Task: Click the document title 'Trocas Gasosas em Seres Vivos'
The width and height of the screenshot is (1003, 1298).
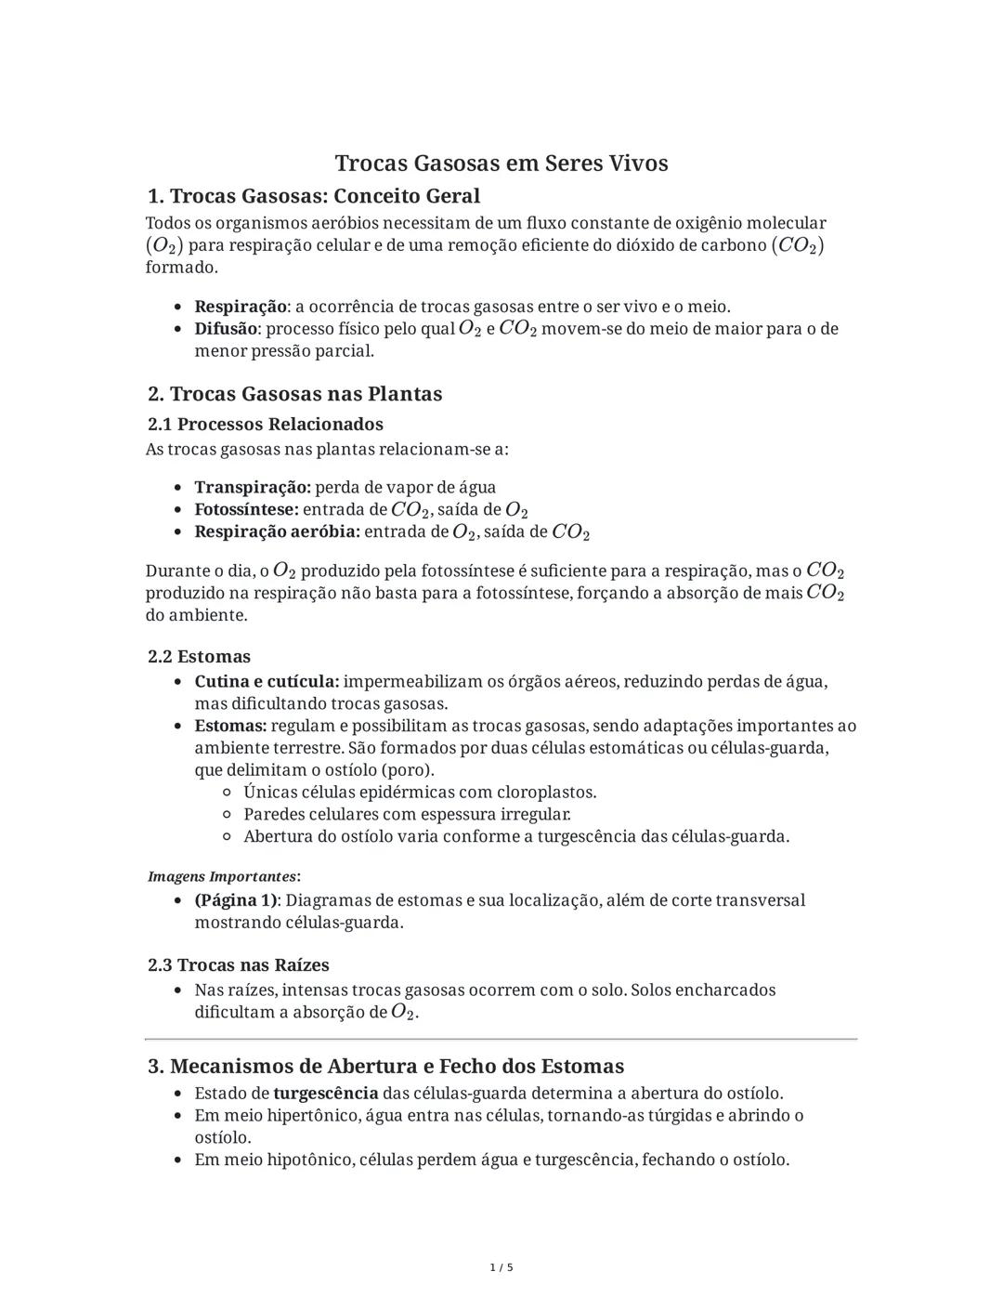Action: click(501, 164)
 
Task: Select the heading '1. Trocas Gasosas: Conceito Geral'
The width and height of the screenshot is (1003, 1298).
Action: click(314, 196)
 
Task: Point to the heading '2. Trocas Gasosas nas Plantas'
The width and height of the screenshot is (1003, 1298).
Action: click(295, 394)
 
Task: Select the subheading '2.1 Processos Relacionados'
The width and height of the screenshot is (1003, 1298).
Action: click(266, 425)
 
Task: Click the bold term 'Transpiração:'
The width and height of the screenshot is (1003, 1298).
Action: click(253, 488)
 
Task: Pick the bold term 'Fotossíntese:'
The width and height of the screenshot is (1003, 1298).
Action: click(246, 510)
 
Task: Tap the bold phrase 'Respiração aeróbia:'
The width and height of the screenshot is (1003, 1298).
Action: click(277, 532)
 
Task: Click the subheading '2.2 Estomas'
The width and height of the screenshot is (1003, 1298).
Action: click(200, 657)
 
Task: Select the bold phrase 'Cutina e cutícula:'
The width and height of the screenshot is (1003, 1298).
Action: click(267, 682)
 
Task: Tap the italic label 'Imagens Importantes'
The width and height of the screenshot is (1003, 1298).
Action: click(222, 877)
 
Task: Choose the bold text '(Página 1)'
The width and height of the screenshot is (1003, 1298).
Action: click(236, 900)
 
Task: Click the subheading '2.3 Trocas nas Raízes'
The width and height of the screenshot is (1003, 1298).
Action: click(239, 965)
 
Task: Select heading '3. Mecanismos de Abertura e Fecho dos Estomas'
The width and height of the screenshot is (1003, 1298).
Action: click(386, 1067)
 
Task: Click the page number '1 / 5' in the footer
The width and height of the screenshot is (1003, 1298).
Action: click(501, 1267)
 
